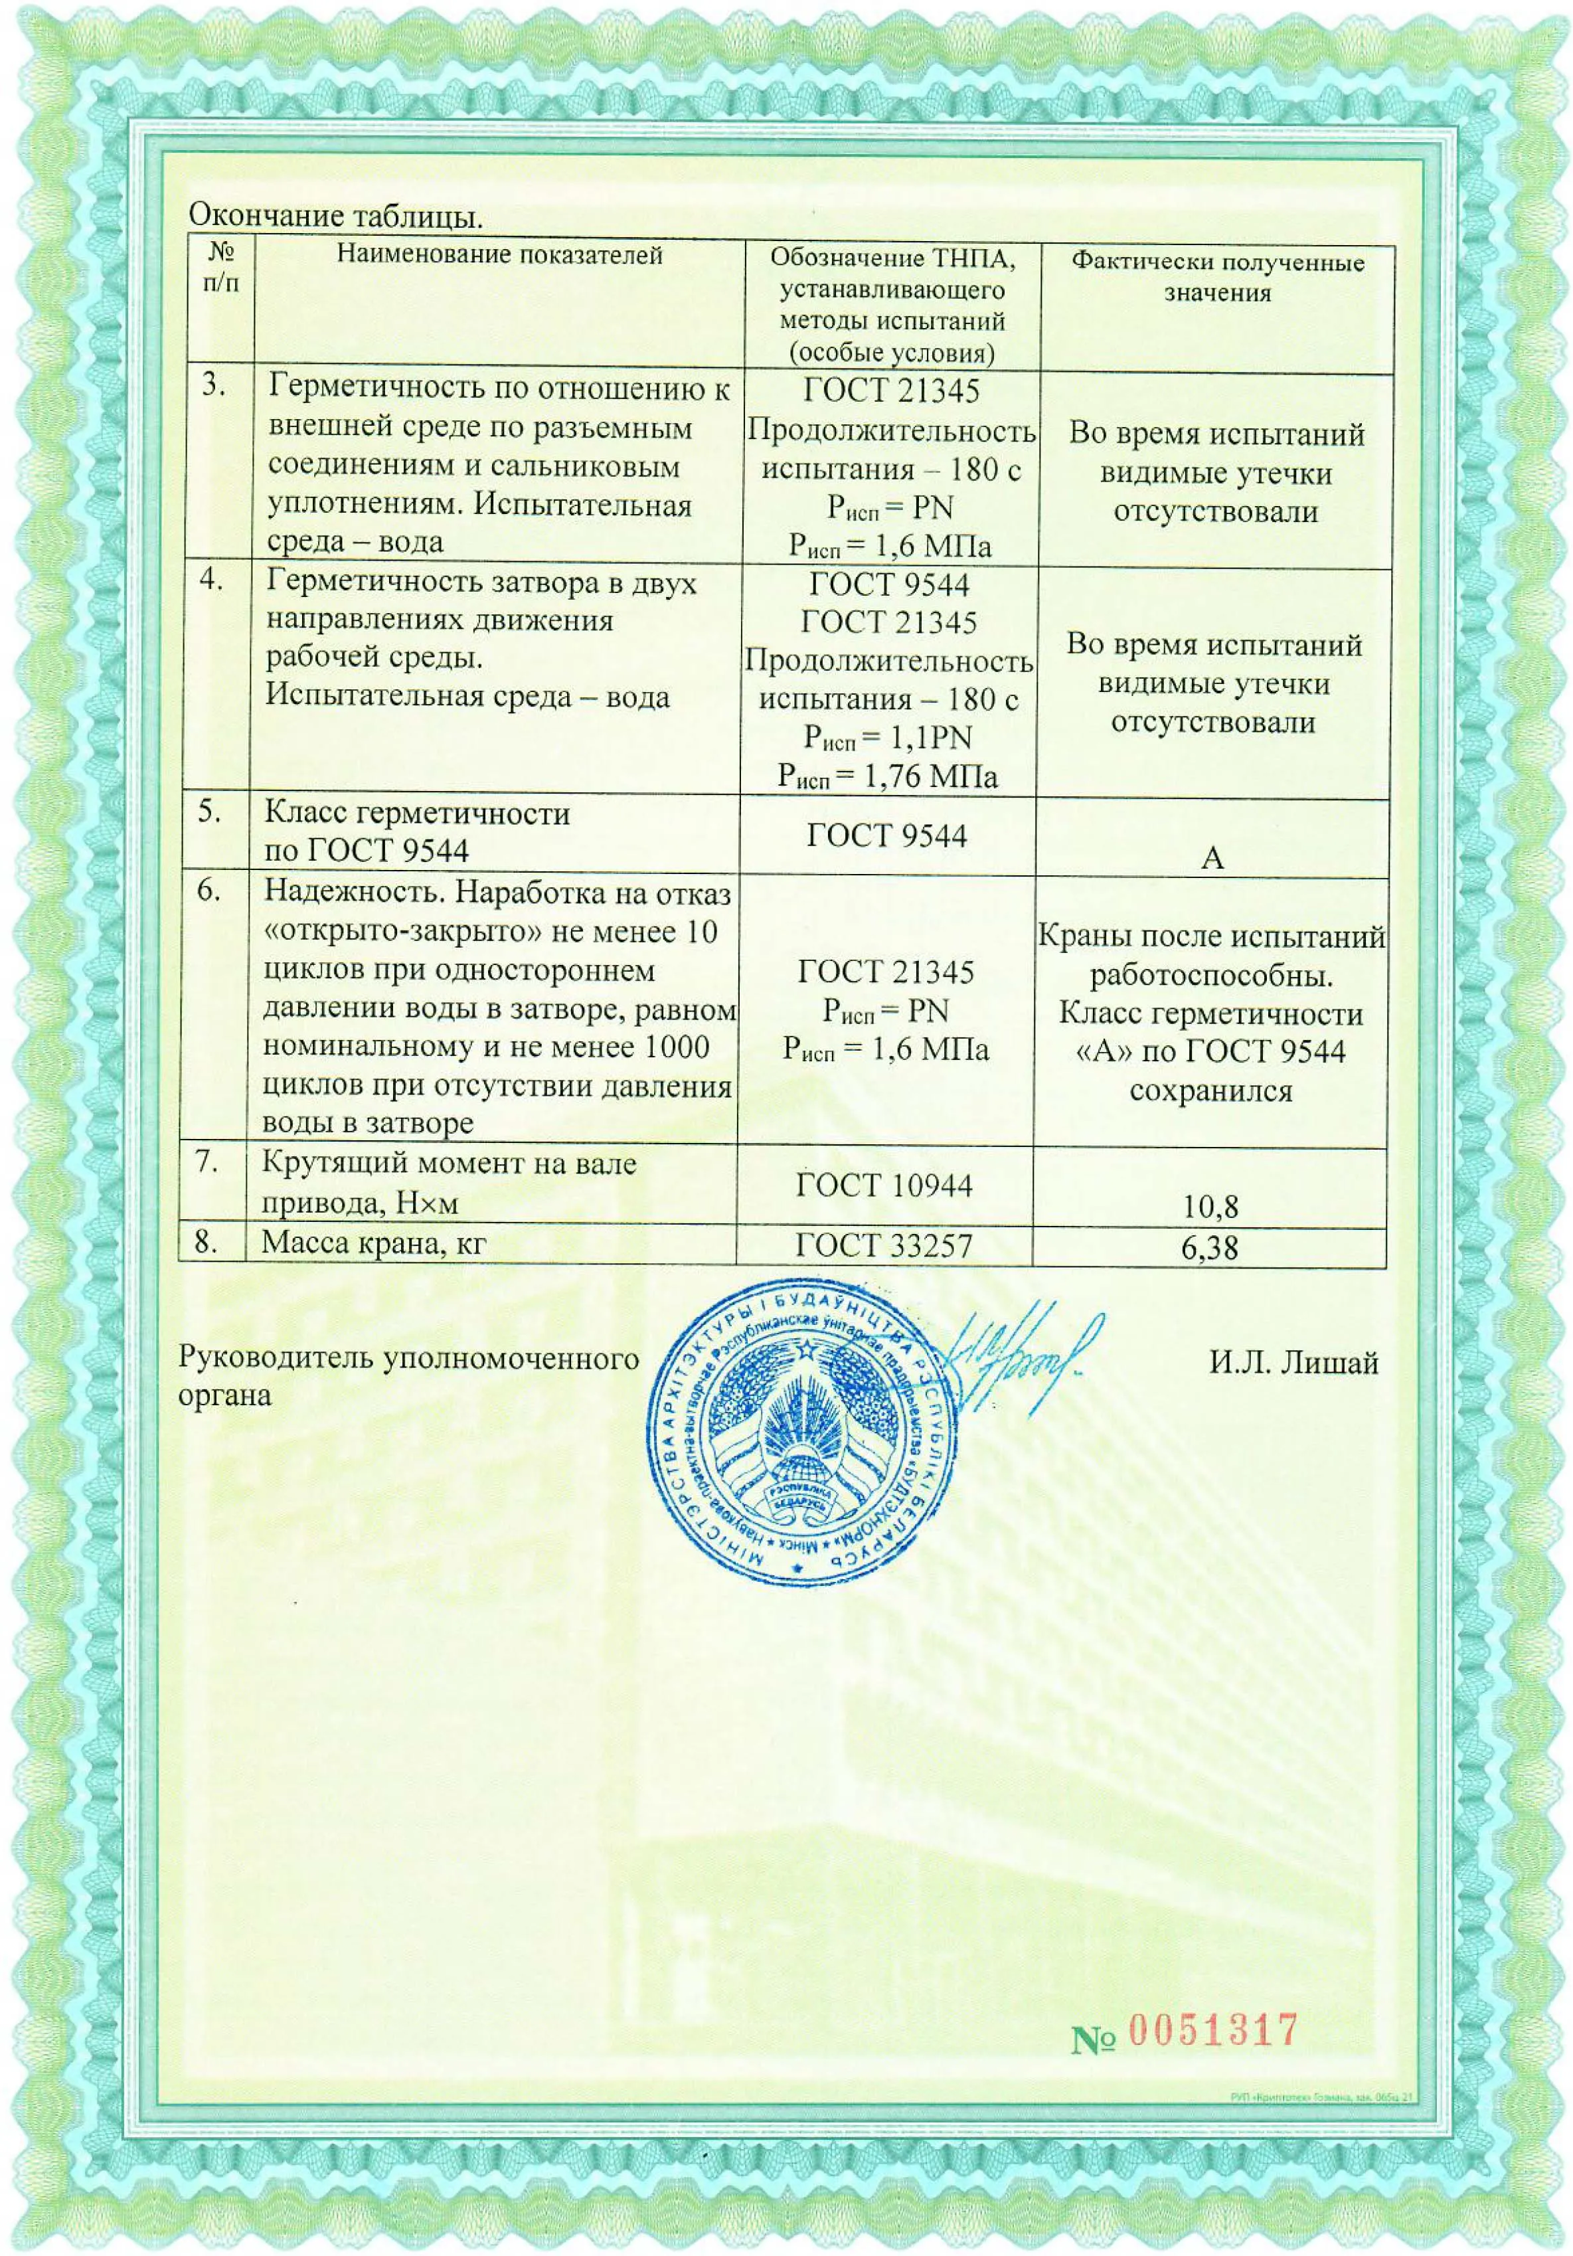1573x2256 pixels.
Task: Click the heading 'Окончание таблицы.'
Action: point(335,215)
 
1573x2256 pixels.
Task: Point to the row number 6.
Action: point(209,890)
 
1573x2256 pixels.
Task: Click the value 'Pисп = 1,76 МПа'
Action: point(887,776)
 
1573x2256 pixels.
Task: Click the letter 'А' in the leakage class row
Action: point(1212,858)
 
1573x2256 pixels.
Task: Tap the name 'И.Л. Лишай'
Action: point(1293,1363)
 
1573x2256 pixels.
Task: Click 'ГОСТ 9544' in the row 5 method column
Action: point(886,835)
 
